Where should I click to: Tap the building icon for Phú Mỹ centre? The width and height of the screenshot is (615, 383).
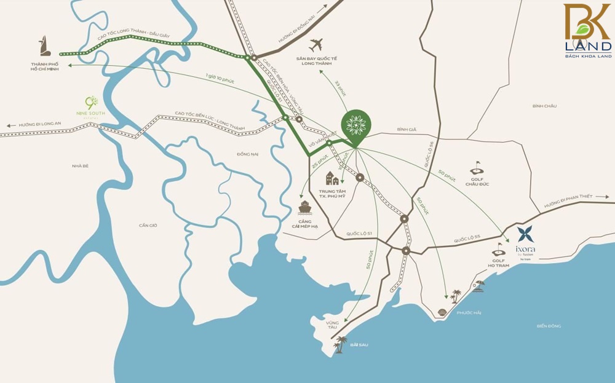[x=332, y=178]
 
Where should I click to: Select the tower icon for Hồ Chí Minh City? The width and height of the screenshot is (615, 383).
[x=44, y=47]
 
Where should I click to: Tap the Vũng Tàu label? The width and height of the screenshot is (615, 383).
[x=332, y=324]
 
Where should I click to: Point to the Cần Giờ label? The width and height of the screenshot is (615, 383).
[x=148, y=226]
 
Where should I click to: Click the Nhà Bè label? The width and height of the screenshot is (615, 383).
[x=81, y=166]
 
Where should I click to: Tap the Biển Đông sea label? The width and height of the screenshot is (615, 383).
[x=549, y=326]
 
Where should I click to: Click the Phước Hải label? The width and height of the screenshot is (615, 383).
[x=469, y=313]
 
